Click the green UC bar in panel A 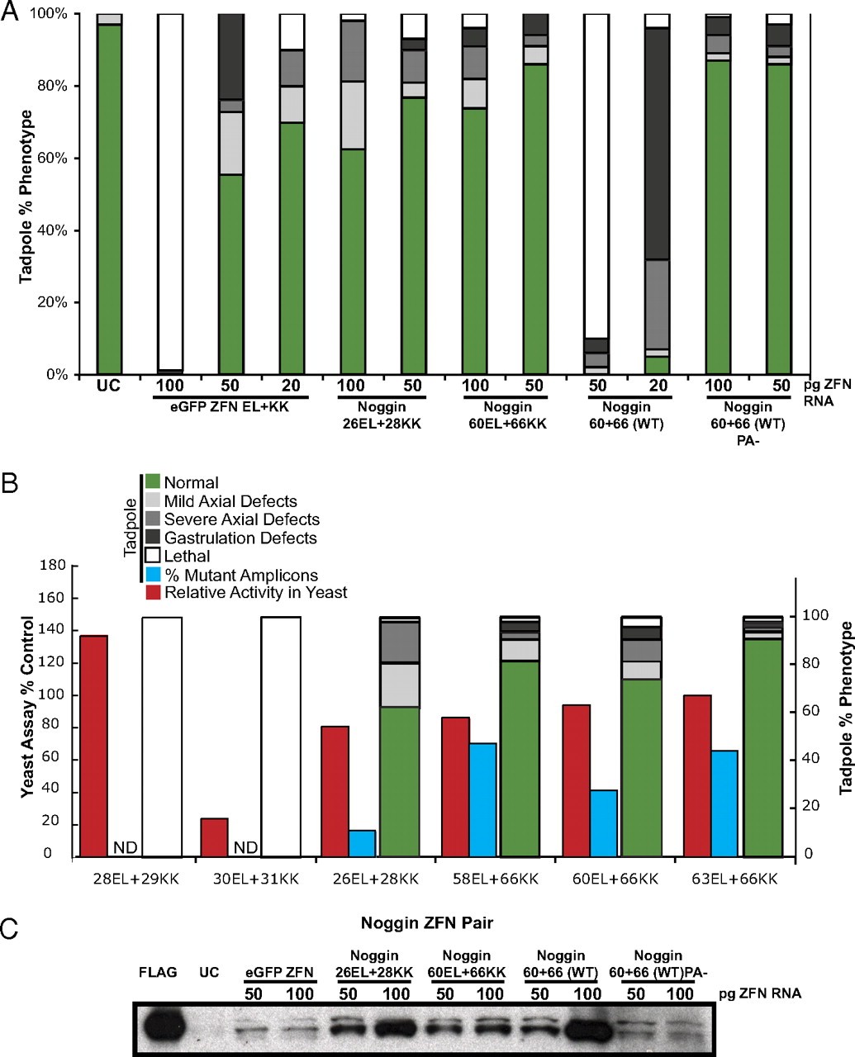point(109,198)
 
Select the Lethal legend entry point(187,556)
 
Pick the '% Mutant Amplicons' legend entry point(240,575)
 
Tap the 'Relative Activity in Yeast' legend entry point(255,592)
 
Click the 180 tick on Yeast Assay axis point(51,566)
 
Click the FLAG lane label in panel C point(157,972)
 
